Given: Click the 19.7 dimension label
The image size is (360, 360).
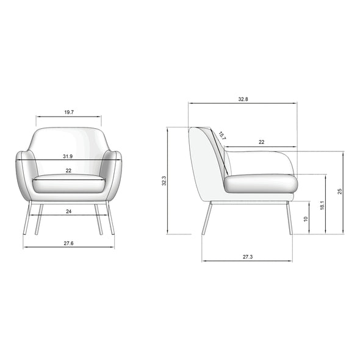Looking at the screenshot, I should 68,112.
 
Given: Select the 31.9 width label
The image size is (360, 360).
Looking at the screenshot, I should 68,157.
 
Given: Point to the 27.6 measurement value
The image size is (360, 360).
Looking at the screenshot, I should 68,243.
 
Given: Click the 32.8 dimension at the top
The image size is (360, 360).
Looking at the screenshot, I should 242,99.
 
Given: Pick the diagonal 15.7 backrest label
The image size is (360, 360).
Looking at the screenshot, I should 221,137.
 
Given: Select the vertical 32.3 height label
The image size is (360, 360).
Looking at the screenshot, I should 164,181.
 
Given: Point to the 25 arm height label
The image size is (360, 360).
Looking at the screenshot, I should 340,191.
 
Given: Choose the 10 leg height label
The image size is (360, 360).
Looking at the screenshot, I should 306,218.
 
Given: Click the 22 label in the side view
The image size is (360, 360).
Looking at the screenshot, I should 261,142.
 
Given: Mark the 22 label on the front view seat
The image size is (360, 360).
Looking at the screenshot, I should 68,170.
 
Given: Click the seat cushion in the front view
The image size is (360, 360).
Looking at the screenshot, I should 68,182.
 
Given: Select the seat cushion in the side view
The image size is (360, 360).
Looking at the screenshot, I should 260,184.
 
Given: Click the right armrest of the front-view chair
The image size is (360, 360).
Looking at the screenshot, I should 114,174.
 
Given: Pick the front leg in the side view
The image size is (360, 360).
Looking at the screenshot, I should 289,218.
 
